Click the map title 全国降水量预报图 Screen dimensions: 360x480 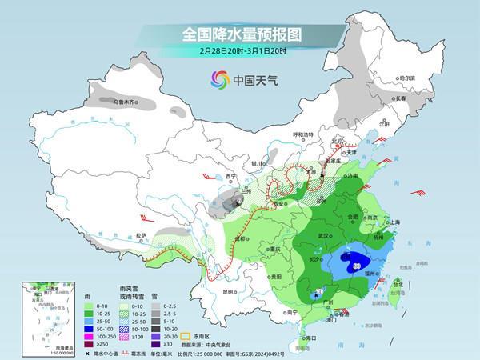click(239, 35)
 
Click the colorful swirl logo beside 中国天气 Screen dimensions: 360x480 click(218, 79)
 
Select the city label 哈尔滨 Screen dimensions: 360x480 click(407, 78)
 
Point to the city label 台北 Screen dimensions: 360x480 click(395, 281)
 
